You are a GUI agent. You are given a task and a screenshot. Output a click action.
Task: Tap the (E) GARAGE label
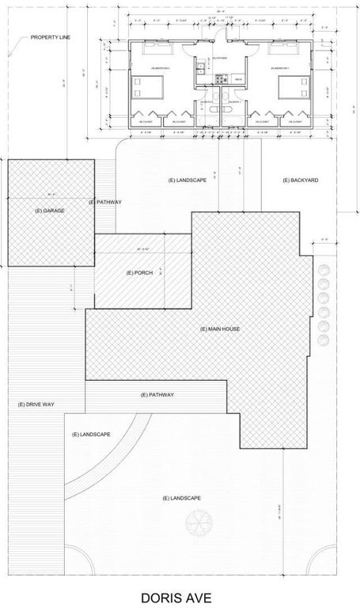tap(49, 211)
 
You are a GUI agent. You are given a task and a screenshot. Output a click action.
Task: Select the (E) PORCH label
tap(138, 272)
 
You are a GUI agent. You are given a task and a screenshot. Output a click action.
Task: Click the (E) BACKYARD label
tap(300, 180)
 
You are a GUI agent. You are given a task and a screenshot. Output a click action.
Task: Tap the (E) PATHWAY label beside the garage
tap(105, 203)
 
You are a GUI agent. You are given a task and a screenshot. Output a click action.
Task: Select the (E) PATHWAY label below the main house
tap(157, 394)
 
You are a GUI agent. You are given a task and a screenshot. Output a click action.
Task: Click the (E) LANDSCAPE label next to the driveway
tap(90, 435)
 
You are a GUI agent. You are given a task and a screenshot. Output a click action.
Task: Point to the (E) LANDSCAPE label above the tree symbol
tap(181, 497)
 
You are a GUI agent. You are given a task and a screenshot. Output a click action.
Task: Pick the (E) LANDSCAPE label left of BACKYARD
tap(187, 180)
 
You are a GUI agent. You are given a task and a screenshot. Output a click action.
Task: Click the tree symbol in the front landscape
tap(199, 523)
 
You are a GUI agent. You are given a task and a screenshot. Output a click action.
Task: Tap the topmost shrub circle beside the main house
tap(323, 270)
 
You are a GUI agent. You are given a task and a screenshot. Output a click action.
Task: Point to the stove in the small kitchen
tap(219, 78)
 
